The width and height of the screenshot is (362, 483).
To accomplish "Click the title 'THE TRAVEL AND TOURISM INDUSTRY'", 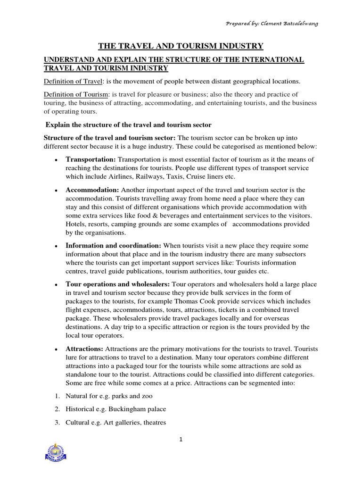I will click(181, 46).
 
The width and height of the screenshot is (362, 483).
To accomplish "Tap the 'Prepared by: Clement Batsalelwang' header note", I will click(272, 24).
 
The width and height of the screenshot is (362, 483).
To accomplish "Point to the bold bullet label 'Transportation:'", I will click(90, 159).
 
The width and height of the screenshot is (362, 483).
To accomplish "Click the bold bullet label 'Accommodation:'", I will click(92, 190).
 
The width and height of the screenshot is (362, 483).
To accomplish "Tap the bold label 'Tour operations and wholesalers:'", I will click(118, 284).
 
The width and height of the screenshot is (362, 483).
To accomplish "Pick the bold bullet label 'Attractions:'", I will click(84, 349).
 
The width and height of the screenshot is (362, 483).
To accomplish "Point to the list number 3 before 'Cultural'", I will click(56, 422).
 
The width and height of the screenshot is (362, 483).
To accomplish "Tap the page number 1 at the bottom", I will click(181, 440).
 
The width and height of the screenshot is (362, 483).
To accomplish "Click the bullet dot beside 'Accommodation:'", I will click(56, 190).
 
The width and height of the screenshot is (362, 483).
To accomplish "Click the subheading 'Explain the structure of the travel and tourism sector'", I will click(128, 125).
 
